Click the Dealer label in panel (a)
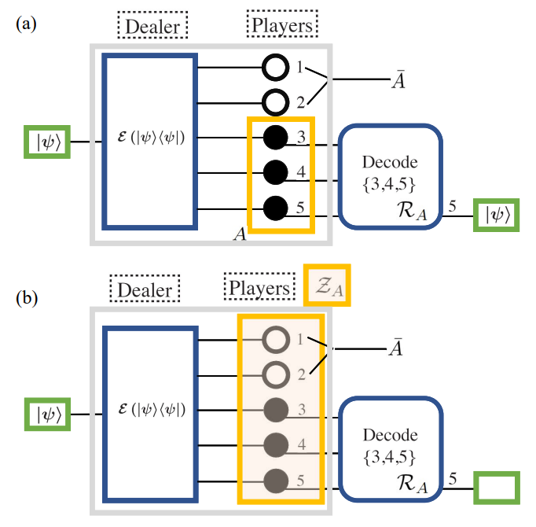click(153, 27)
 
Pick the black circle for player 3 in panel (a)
click(274, 138)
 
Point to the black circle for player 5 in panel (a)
click(274, 208)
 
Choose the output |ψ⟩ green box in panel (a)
click(496, 216)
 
